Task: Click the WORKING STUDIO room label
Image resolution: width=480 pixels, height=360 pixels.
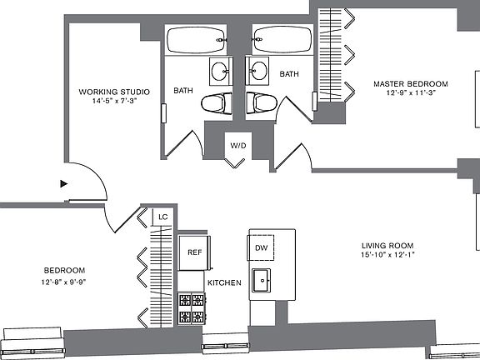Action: [114, 92]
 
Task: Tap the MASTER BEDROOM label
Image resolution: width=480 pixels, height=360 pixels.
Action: [411, 84]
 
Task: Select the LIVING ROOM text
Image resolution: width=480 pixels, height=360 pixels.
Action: [387, 246]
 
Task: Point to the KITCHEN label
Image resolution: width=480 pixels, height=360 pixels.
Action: [224, 282]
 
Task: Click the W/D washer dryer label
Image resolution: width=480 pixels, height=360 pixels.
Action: [238, 146]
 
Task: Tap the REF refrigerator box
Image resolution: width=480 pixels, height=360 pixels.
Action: [194, 252]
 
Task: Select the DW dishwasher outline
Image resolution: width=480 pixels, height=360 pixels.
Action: [261, 247]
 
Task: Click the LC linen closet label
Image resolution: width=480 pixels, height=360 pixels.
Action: [163, 217]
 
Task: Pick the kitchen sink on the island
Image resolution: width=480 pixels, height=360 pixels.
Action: [261, 280]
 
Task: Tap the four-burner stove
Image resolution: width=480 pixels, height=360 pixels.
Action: [192, 308]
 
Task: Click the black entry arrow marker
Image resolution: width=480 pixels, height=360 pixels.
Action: [63, 183]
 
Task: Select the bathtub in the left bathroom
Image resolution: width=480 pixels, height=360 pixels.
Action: [196, 40]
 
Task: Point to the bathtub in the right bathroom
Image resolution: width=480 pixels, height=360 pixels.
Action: [282, 40]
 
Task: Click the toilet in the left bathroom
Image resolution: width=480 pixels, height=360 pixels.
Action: [217, 104]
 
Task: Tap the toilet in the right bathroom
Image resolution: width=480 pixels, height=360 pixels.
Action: [262, 103]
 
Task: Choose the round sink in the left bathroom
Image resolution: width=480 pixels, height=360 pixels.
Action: [220, 72]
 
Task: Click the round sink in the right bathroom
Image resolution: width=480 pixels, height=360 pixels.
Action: [257, 71]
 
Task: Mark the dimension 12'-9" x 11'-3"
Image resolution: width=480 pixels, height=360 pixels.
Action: [411, 93]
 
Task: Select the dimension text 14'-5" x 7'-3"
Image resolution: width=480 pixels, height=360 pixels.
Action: [114, 101]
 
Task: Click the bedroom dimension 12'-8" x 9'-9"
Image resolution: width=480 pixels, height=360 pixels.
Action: [63, 282]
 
